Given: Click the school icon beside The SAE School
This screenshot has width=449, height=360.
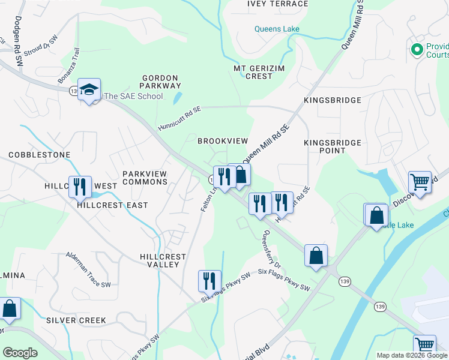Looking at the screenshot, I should coord(89,90).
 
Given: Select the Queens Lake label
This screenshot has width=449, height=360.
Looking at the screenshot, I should coord(277,29).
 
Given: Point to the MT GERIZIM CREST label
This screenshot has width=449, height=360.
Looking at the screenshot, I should coord(262,72).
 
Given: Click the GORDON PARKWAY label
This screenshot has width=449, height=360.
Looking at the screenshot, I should coord(160,82).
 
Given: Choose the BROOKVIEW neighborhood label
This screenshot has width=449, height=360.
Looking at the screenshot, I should coord(223,140).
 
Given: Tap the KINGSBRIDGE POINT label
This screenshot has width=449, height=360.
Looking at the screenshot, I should coord(333,146).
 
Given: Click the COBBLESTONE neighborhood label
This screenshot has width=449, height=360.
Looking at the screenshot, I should coord(40,155).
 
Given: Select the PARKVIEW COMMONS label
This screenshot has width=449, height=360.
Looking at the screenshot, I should coord(145,178).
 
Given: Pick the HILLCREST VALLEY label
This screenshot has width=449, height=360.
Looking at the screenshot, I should coord(154,260).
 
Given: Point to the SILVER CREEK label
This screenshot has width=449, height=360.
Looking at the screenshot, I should coord(76,320).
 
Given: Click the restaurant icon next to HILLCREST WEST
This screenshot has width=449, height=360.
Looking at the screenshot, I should coord(79,187).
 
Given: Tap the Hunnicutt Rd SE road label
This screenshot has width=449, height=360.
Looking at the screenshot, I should coord(179,119).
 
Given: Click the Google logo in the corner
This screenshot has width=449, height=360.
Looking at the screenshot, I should coord(20,353).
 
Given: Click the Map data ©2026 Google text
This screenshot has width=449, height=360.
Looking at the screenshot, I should coord(411,355).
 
